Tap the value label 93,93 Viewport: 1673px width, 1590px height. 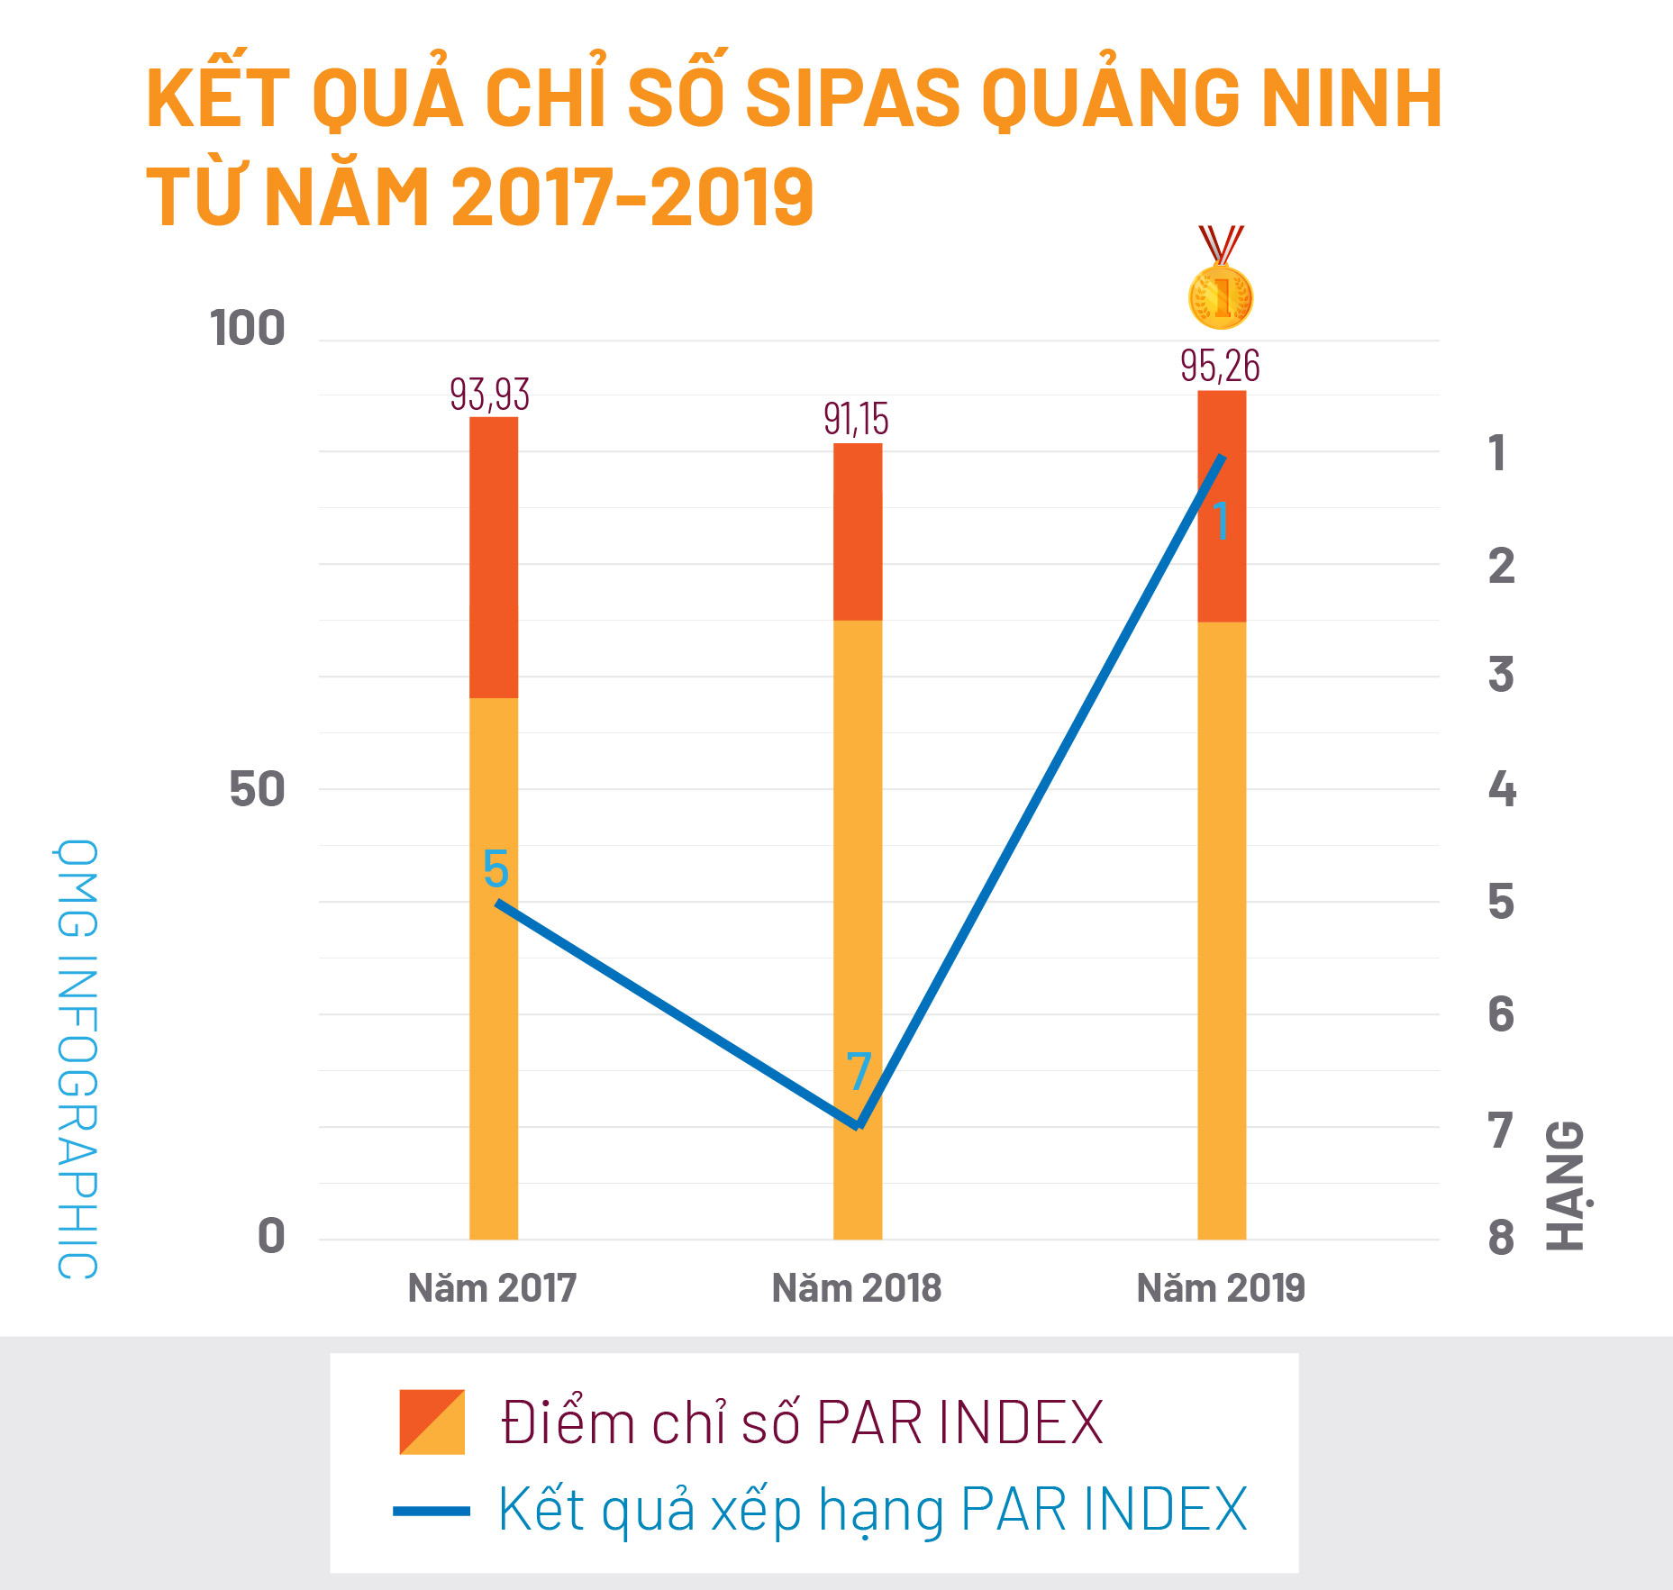pos(489,395)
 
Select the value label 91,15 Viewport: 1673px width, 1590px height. pos(856,420)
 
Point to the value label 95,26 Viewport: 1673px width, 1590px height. pos(1220,366)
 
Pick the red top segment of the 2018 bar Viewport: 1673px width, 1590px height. pos(858,532)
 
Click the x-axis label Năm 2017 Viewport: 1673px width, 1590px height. pos(492,1288)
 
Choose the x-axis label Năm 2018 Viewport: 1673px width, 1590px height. pos(857,1288)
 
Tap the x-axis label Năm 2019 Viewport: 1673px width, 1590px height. pos(1221,1288)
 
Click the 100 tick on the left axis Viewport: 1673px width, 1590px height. pos(247,328)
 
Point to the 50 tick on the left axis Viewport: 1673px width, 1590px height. pos(257,790)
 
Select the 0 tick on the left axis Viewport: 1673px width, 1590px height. pos(271,1236)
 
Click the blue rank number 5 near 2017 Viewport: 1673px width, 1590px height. pos(496,869)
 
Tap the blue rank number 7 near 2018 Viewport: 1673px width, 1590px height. pos(859,1072)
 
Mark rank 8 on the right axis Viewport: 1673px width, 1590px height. pos(1501,1238)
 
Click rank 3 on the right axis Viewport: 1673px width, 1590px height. pos(1501,675)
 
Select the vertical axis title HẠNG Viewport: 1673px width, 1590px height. pos(1566,1185)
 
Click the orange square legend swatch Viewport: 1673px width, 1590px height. pos(432,1422)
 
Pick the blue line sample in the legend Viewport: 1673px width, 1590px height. pos(432,1511)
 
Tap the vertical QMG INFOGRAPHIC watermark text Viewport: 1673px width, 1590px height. pos(77,1058)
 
